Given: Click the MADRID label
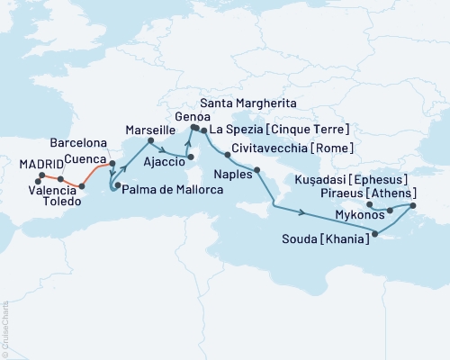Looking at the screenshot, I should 41,163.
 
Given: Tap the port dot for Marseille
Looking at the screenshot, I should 151,139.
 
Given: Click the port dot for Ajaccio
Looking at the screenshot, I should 190,158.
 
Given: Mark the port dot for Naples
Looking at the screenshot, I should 257,170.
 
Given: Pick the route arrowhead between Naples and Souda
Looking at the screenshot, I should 303,213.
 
